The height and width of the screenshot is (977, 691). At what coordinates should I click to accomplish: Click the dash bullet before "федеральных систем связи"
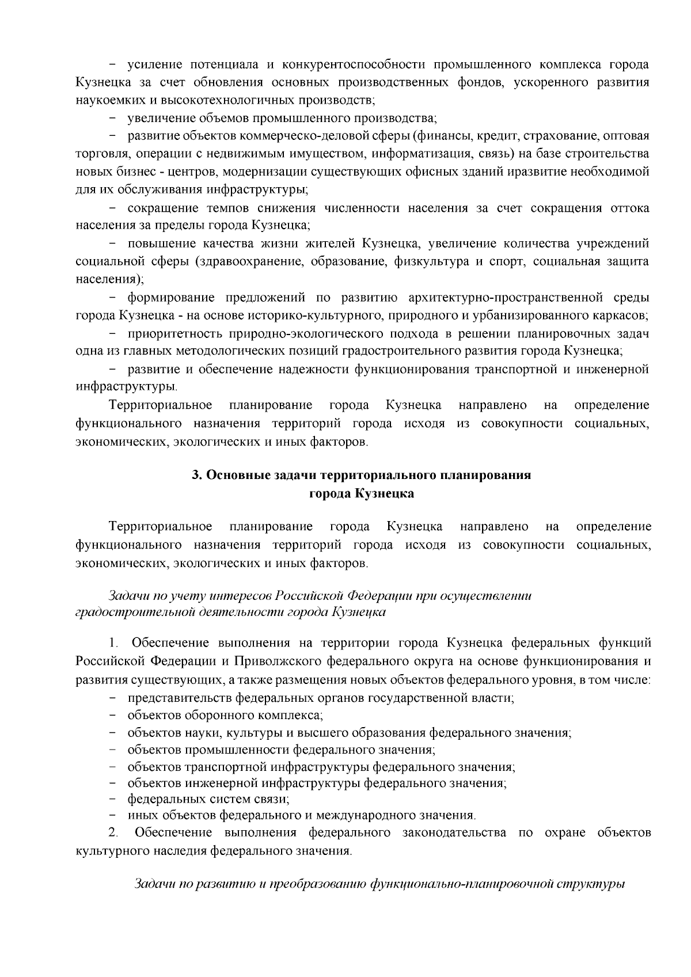point(112,799)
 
